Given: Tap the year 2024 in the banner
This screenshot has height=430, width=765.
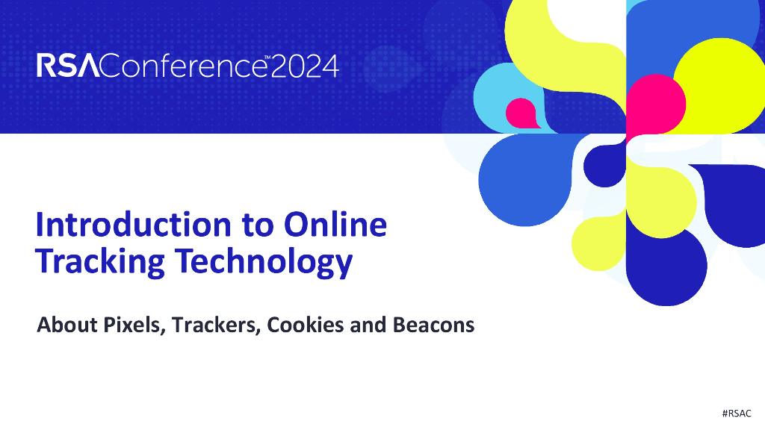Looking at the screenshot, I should pos(304,66).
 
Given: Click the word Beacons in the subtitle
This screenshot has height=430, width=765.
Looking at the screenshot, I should pos(433,325).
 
